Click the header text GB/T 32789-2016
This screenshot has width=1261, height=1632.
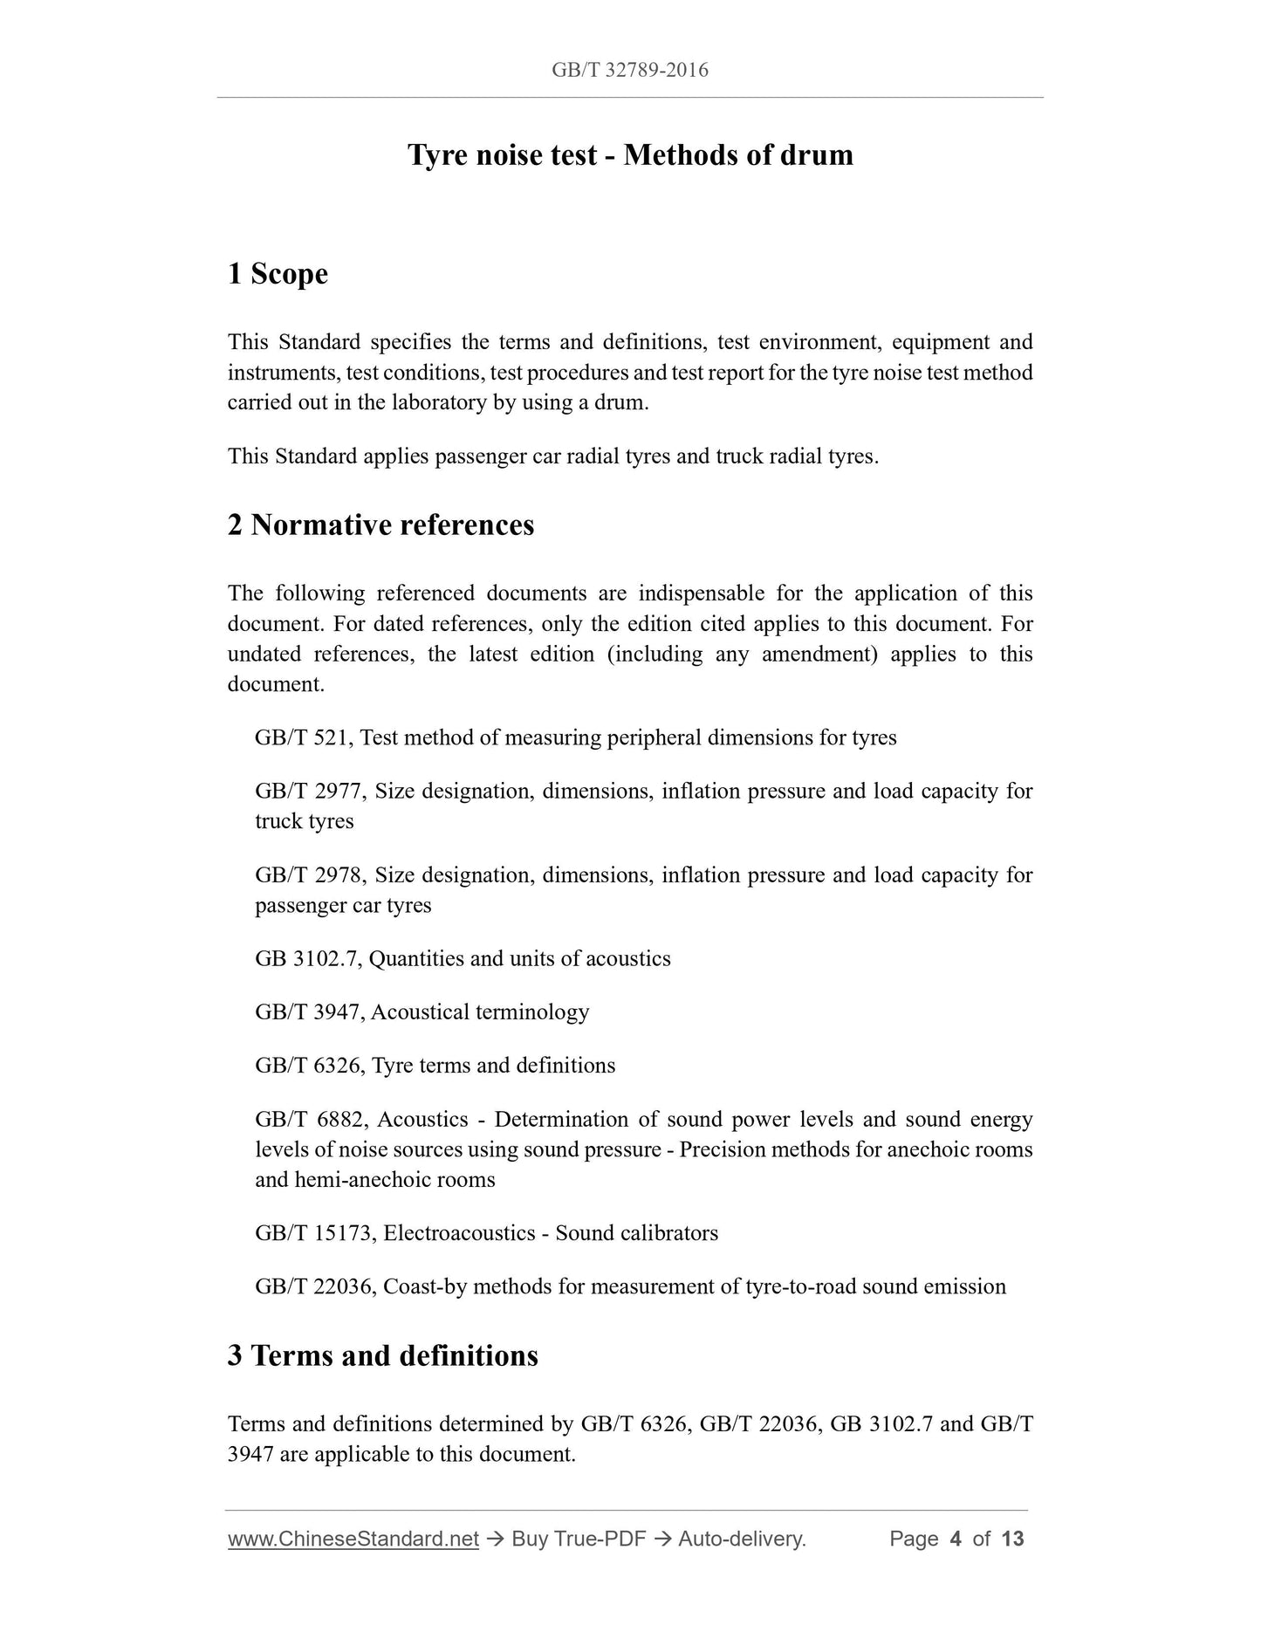point(629,70)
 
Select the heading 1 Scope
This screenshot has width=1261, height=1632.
point(278,274)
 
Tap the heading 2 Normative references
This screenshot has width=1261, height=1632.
point(380,525)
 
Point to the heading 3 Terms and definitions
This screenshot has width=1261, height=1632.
point(382,1355)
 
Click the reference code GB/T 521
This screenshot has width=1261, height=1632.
point(302,738)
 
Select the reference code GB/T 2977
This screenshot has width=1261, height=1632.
point(309,792)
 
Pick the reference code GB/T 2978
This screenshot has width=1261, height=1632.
point(309,875)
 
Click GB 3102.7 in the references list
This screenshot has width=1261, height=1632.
point(307,959)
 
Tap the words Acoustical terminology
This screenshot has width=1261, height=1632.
point(480,1012)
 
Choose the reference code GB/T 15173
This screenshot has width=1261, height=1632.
point(315,1233)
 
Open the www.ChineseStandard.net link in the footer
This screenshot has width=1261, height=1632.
point(353,1539)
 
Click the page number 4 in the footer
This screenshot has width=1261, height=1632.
point(955,1539)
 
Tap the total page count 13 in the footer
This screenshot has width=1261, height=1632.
point(1012,1539)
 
